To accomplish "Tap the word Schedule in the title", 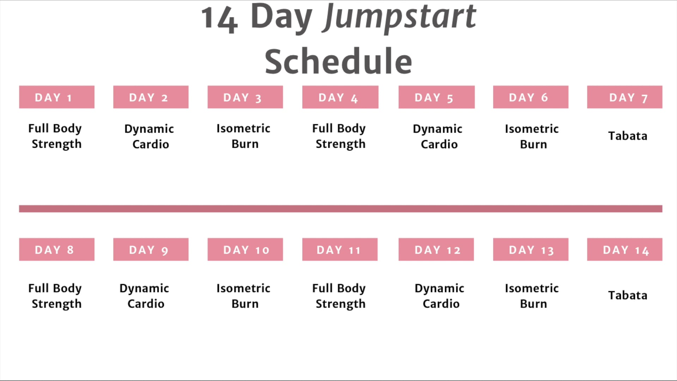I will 338,62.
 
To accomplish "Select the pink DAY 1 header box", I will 57,97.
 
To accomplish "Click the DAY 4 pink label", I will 340,97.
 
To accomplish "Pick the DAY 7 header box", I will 624,97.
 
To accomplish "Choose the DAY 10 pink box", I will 245,249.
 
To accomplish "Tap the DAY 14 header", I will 624,249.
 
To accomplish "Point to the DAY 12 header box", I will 436,249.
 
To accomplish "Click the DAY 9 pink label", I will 151,249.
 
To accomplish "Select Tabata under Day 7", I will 628,136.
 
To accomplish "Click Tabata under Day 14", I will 628,295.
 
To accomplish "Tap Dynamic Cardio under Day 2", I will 150,137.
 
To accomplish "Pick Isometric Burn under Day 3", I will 244,136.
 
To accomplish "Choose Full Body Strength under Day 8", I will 56,296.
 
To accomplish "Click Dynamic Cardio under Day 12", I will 440,296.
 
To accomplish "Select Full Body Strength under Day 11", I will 339,296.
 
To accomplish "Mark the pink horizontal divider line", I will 341,209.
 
